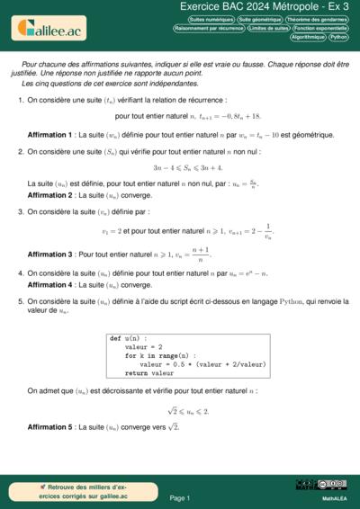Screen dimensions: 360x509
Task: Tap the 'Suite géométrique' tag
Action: click(x=260, y=19)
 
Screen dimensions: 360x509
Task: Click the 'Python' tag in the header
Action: click(x=339, y=38)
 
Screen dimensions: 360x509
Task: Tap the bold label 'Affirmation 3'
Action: click(x=50, y=255)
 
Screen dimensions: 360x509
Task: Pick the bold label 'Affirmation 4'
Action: click(x=50, y=285)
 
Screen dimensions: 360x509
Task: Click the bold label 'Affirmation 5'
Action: click(x=50, y=426)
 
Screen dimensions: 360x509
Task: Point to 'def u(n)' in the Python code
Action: click(x=127, y=338)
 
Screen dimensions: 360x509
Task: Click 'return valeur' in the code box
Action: click(x=148, y=372)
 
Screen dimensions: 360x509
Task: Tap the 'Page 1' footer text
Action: click(x=179, y=497)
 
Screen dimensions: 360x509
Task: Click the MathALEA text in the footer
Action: click(x=334, y=497)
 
